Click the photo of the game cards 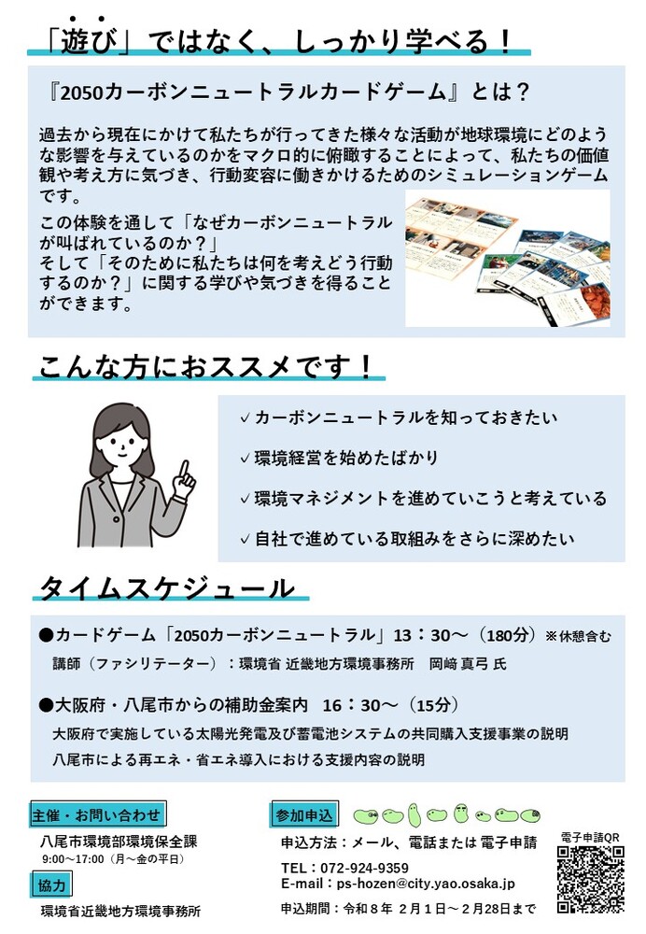507,259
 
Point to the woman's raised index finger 186,464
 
